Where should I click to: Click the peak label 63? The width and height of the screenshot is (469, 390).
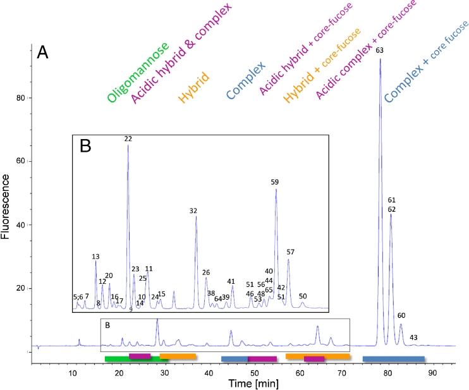point(379,50)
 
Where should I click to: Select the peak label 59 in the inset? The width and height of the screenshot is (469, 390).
point(274,182)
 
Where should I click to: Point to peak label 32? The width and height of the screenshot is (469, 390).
point(193,210)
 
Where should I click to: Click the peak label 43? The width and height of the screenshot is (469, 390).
point(413,338)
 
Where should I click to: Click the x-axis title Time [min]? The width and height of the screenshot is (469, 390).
point(252,383)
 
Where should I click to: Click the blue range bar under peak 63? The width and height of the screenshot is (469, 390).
point(393,359)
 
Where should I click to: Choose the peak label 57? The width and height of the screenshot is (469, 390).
point(290,252)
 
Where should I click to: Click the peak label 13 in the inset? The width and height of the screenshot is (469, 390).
point(95,257)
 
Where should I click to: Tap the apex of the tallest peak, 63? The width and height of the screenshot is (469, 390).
point(380,59)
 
